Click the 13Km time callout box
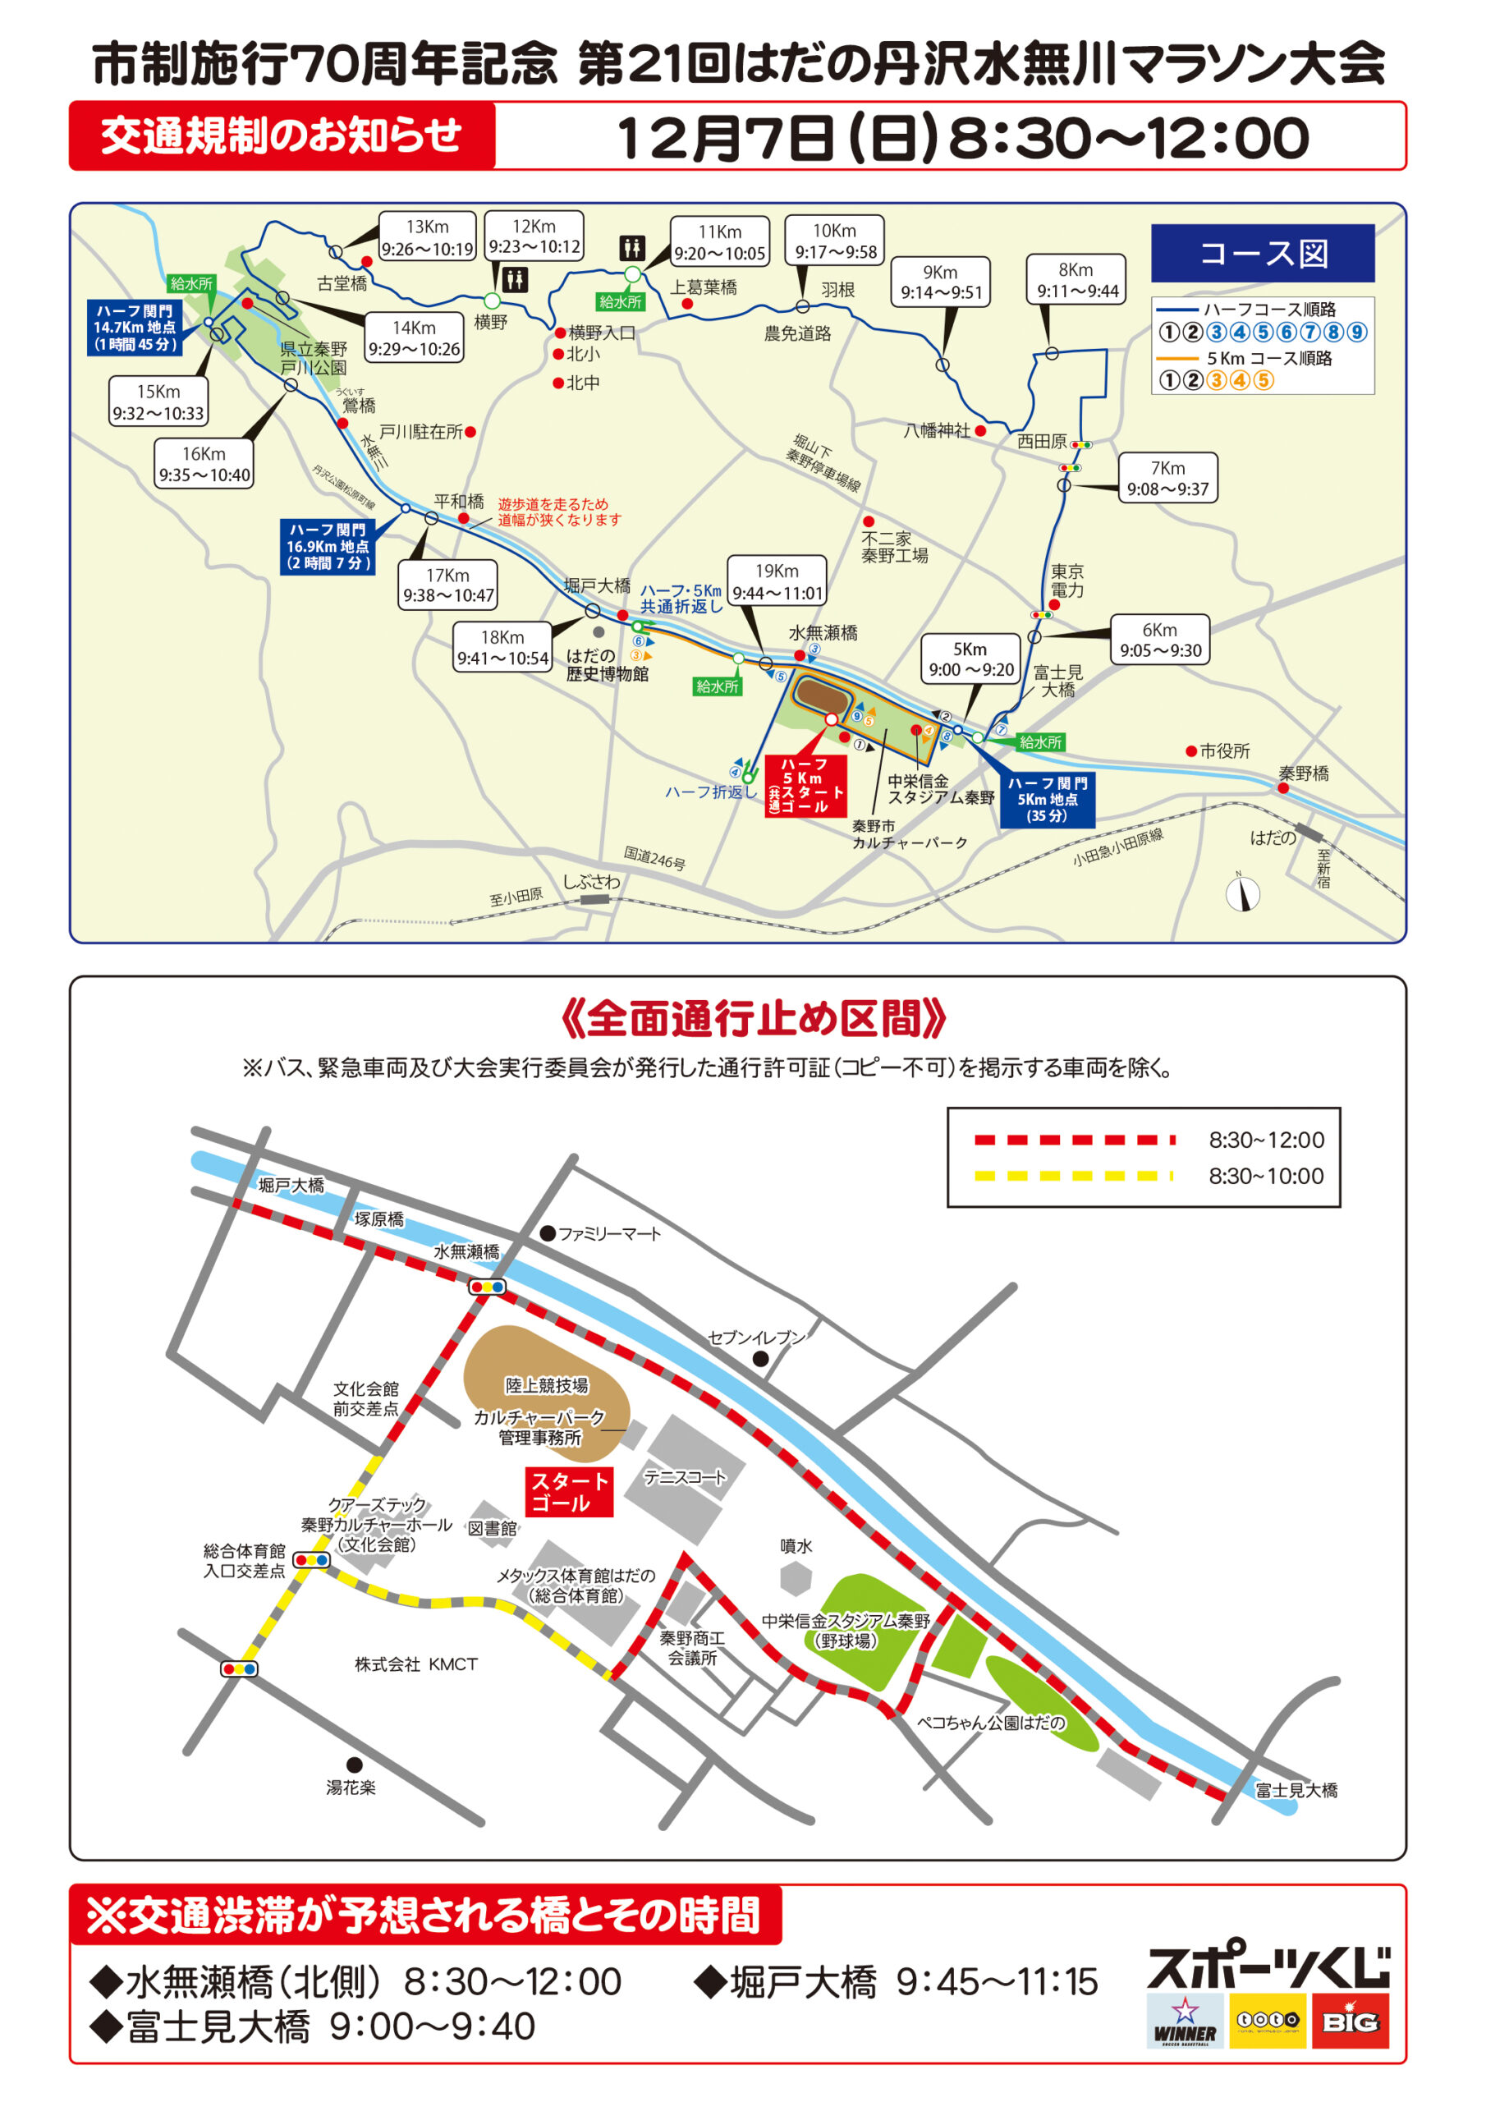(427, 237)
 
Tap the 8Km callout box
(1076, 279)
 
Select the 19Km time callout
(777, 581)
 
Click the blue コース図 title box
(1263, 254)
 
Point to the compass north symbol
(1242, 893)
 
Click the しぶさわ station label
(590, 882)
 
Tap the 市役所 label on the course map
(1224, 750)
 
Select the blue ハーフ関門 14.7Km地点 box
(135, 328)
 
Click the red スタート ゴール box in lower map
(567, 1491)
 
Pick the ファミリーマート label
(609, 1234)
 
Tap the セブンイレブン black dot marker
(760, 1359)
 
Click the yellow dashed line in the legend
(1073, 1176)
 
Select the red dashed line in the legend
(1073, 1140)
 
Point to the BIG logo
(1350, 2021)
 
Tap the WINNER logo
(1185, 2021)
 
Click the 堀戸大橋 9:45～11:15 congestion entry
(896, 1982)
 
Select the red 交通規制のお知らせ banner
(282, 136)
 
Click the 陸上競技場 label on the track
(547, 1385)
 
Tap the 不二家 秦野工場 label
(893, 548)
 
